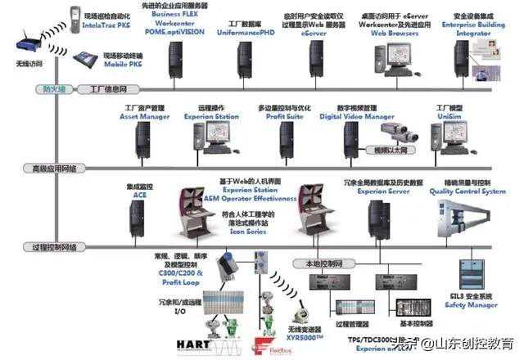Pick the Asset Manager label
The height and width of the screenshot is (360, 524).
144,117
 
